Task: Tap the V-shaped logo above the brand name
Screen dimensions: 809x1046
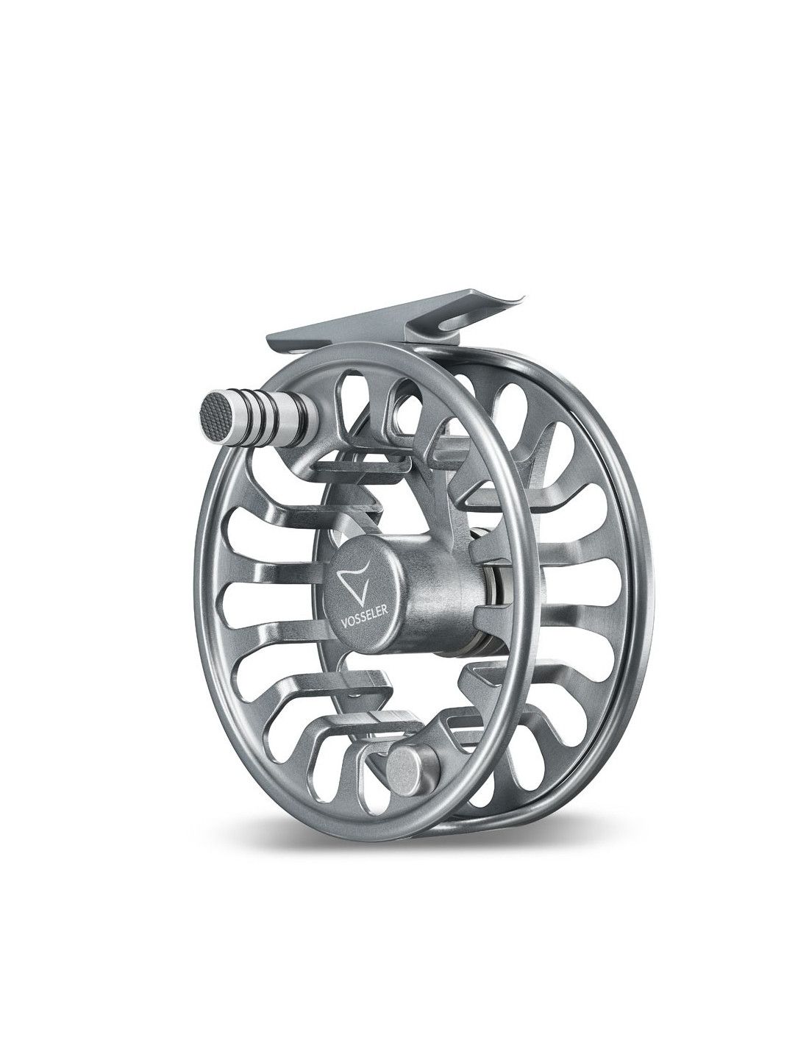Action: [354, 583]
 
